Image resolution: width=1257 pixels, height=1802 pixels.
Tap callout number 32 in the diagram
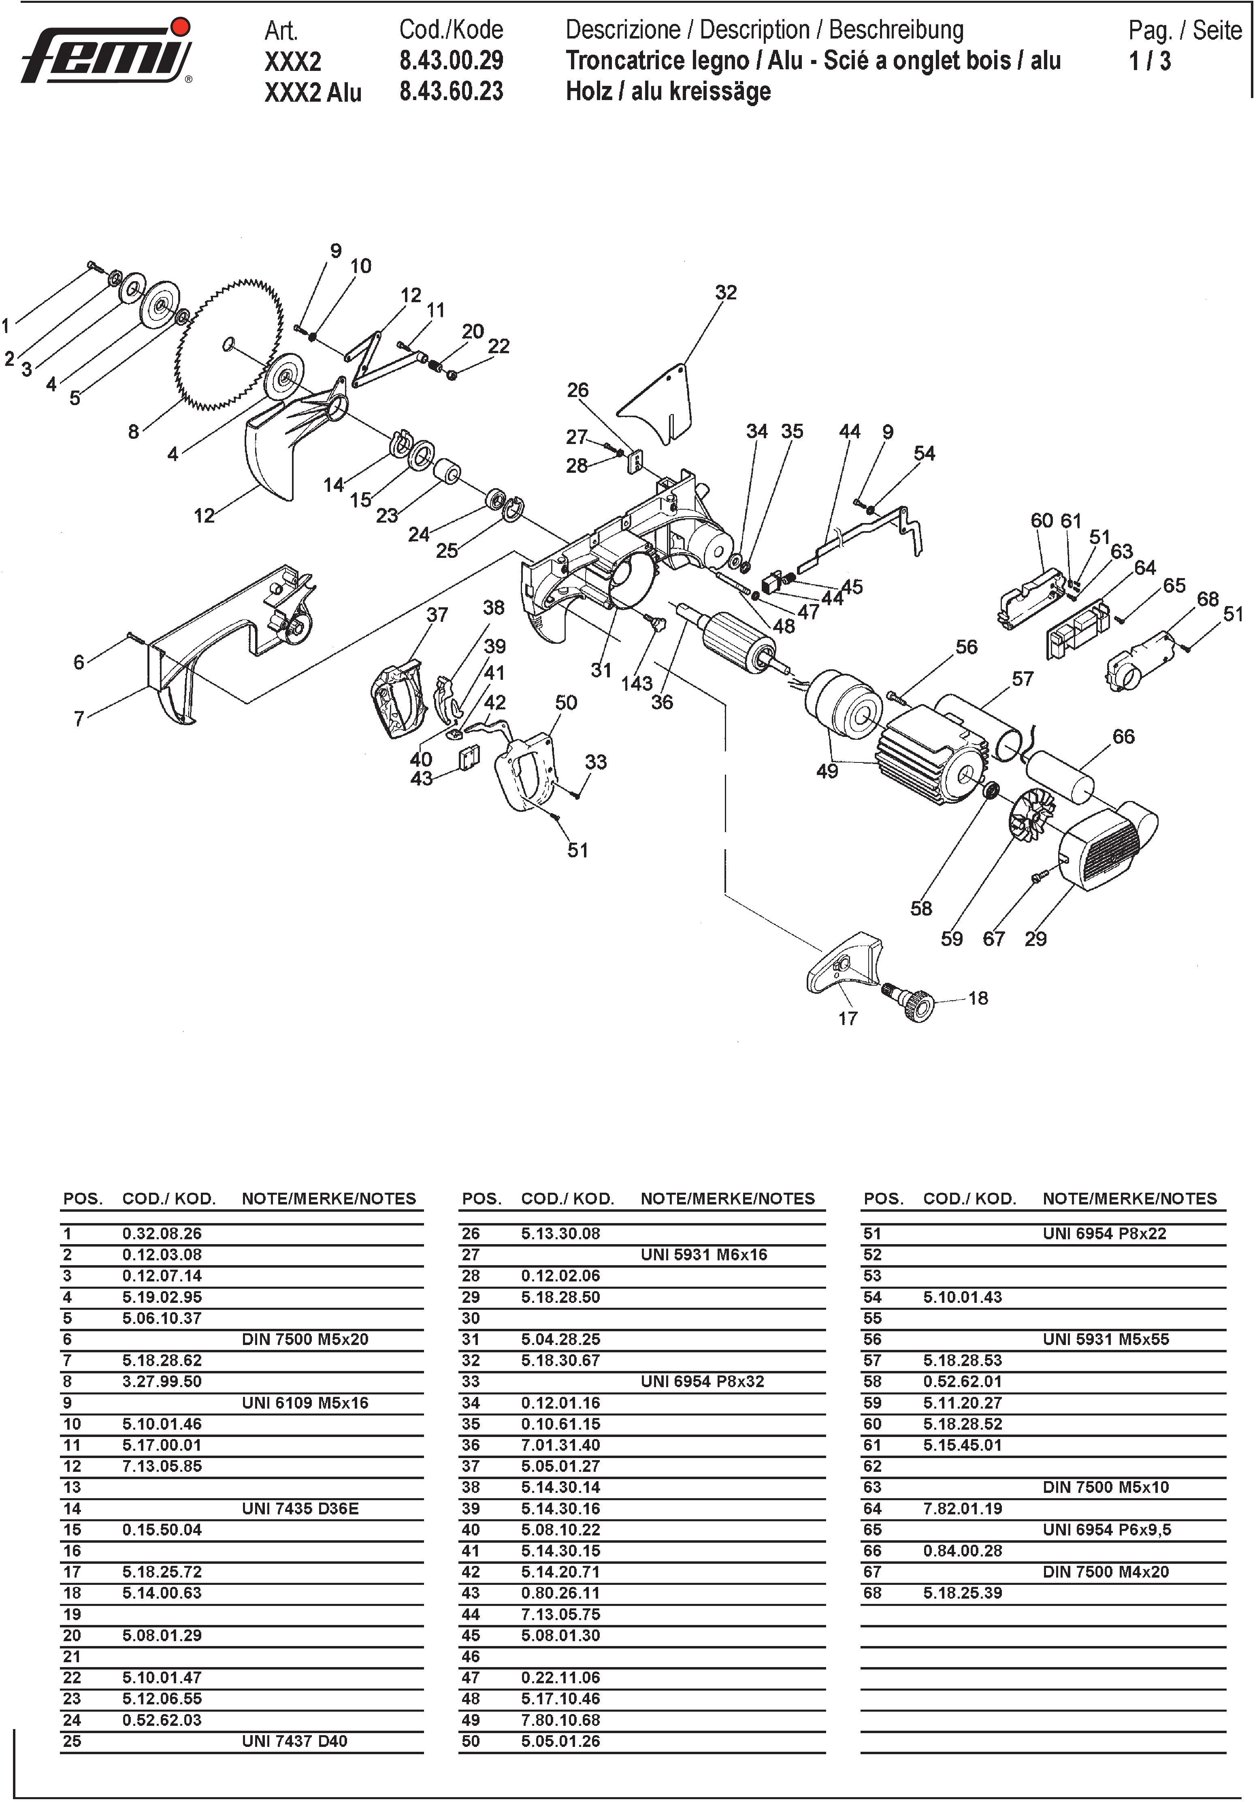coord(726,293)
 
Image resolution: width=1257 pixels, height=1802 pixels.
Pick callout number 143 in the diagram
coord(636,683)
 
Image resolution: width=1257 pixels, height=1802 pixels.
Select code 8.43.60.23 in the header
coord(451,92)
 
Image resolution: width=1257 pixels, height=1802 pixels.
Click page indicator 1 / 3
coord(1150,61)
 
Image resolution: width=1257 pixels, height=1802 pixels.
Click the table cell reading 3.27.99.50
coord(162,1381)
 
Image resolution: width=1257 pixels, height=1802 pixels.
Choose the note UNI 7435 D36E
coord(300,1508)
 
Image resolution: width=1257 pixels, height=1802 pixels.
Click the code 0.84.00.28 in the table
coord(963,1551)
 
